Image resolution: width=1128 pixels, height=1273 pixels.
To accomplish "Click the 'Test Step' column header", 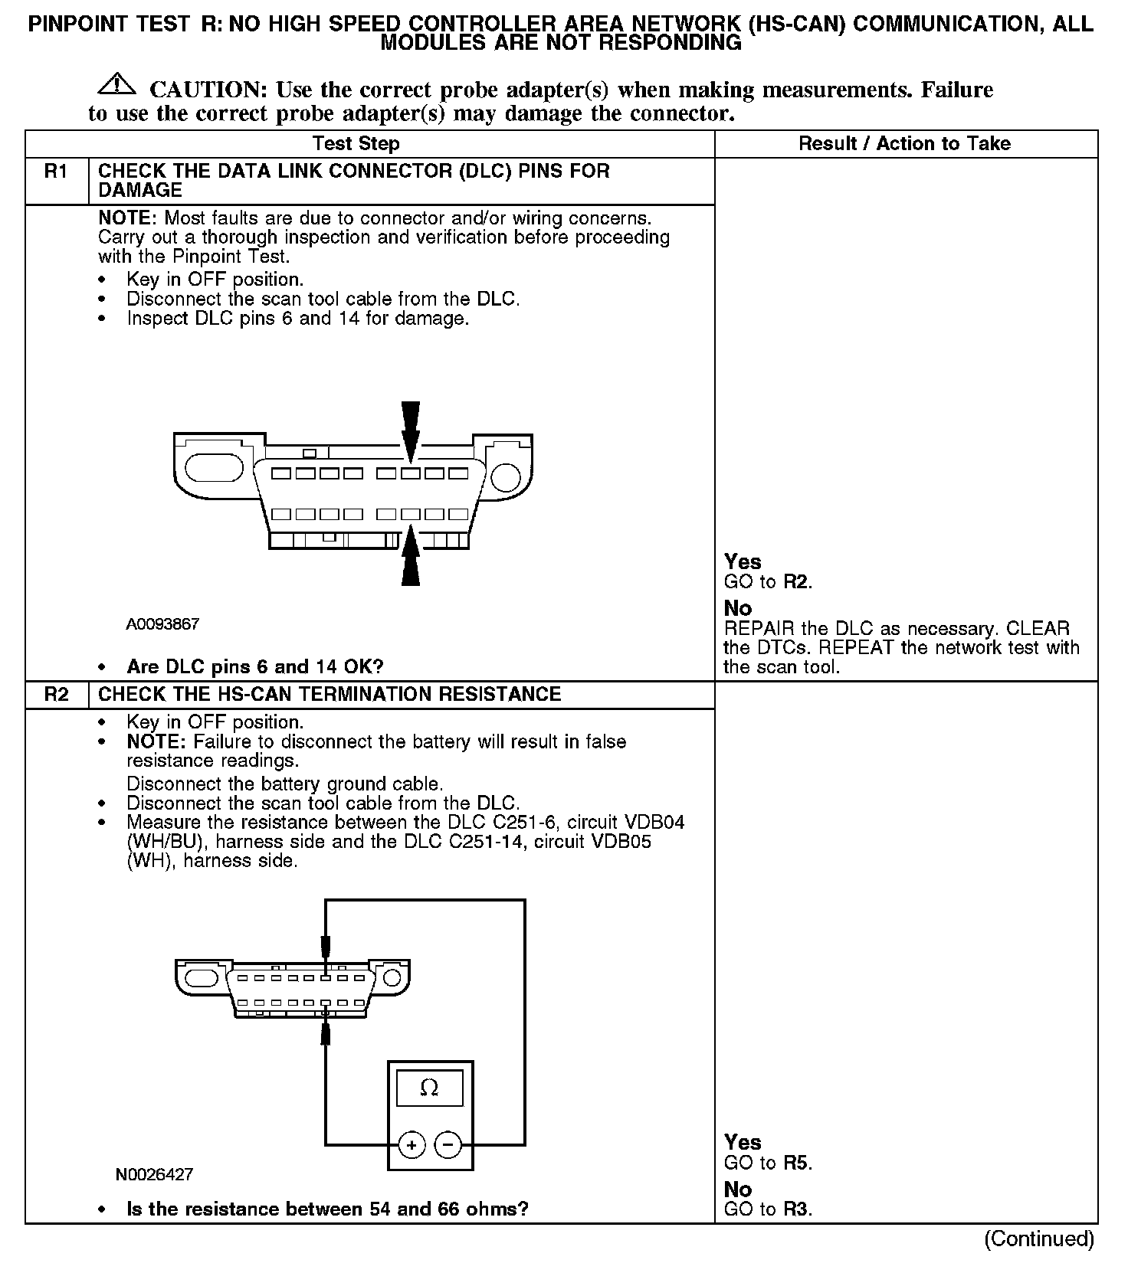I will coord(356,143).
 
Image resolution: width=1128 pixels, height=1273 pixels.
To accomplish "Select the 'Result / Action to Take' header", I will coord(904,143).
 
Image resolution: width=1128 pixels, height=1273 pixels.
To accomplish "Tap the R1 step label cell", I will coord(57,172).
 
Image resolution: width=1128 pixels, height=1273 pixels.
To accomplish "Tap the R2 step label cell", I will coord(57,694).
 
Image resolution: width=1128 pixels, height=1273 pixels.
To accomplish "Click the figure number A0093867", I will coord(162,624).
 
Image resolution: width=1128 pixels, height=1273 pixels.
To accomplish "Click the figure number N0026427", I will coord(154,1174).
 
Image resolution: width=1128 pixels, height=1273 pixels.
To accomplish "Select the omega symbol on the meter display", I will coord(429,1088).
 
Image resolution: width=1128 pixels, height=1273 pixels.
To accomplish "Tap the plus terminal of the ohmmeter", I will coord(412,1146).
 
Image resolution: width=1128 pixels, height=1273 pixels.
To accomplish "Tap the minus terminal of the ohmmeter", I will coord(448,1146).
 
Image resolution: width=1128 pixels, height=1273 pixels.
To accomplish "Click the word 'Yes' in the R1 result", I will coord(743,561).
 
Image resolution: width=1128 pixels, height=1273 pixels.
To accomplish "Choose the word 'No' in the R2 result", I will coord(738,1190).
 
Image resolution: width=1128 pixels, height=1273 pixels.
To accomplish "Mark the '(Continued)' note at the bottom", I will coord(1038,1239).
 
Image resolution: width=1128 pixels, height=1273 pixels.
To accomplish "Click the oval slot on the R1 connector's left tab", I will coord(214,467).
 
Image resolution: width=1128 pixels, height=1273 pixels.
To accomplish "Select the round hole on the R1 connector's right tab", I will coord(505,476).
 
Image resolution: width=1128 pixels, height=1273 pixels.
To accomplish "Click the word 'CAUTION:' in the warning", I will coord(208,90).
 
